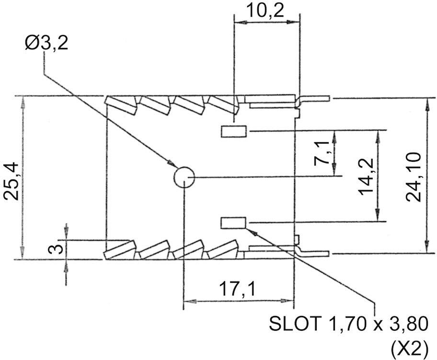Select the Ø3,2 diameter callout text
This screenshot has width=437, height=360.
click(46, 44)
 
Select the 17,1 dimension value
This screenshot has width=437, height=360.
click(237, 290)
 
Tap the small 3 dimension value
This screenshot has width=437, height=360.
click(57, 249)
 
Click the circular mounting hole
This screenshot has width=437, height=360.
click(184, 178)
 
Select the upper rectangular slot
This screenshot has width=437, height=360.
click(233, 131)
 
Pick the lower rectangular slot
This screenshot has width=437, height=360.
click(233, 222)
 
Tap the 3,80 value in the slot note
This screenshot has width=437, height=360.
click(408, 324)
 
